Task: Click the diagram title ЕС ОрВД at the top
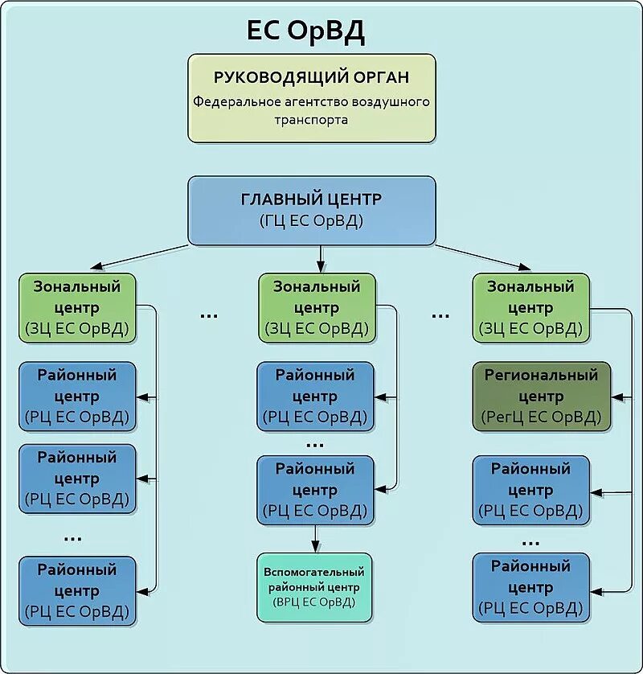[305, 32]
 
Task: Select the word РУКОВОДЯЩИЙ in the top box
[278, 77]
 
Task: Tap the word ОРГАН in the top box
[380, 77]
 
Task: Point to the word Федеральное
[233, 102]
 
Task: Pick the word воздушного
[391, 102]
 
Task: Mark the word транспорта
[312, 119]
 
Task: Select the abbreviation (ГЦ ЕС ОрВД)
[312, 220]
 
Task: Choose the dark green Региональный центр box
[541, 397]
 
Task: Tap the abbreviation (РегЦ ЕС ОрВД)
[541, 417]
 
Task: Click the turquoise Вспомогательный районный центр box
[313, 587]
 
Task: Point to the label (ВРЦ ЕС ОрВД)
[313, 602]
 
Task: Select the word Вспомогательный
[313, 572]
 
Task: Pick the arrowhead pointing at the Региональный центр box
[617, 397]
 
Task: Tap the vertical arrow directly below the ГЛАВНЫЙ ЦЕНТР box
[320, 257]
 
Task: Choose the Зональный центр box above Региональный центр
[530, 308]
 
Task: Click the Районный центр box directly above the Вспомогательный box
[315, 489]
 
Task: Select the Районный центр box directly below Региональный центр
[530, 489]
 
